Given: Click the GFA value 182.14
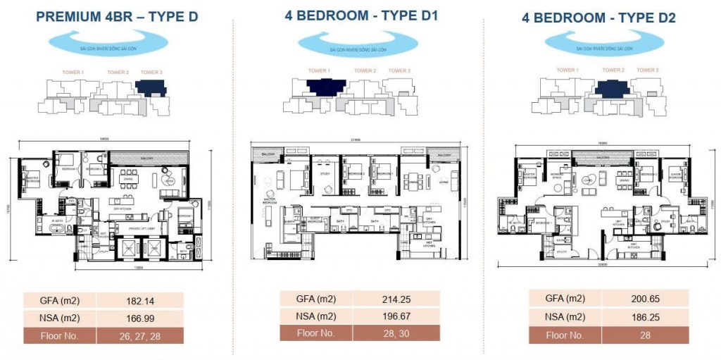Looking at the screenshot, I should tap(139, 299).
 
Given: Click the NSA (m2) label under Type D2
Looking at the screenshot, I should tap(564, 317).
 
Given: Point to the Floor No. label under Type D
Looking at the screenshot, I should tap(59, 335).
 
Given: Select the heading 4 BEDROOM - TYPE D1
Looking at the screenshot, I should tap(361, 14).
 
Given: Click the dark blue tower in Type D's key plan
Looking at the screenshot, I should tap(151, 88).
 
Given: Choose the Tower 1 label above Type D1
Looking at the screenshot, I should tap(318, 70).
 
